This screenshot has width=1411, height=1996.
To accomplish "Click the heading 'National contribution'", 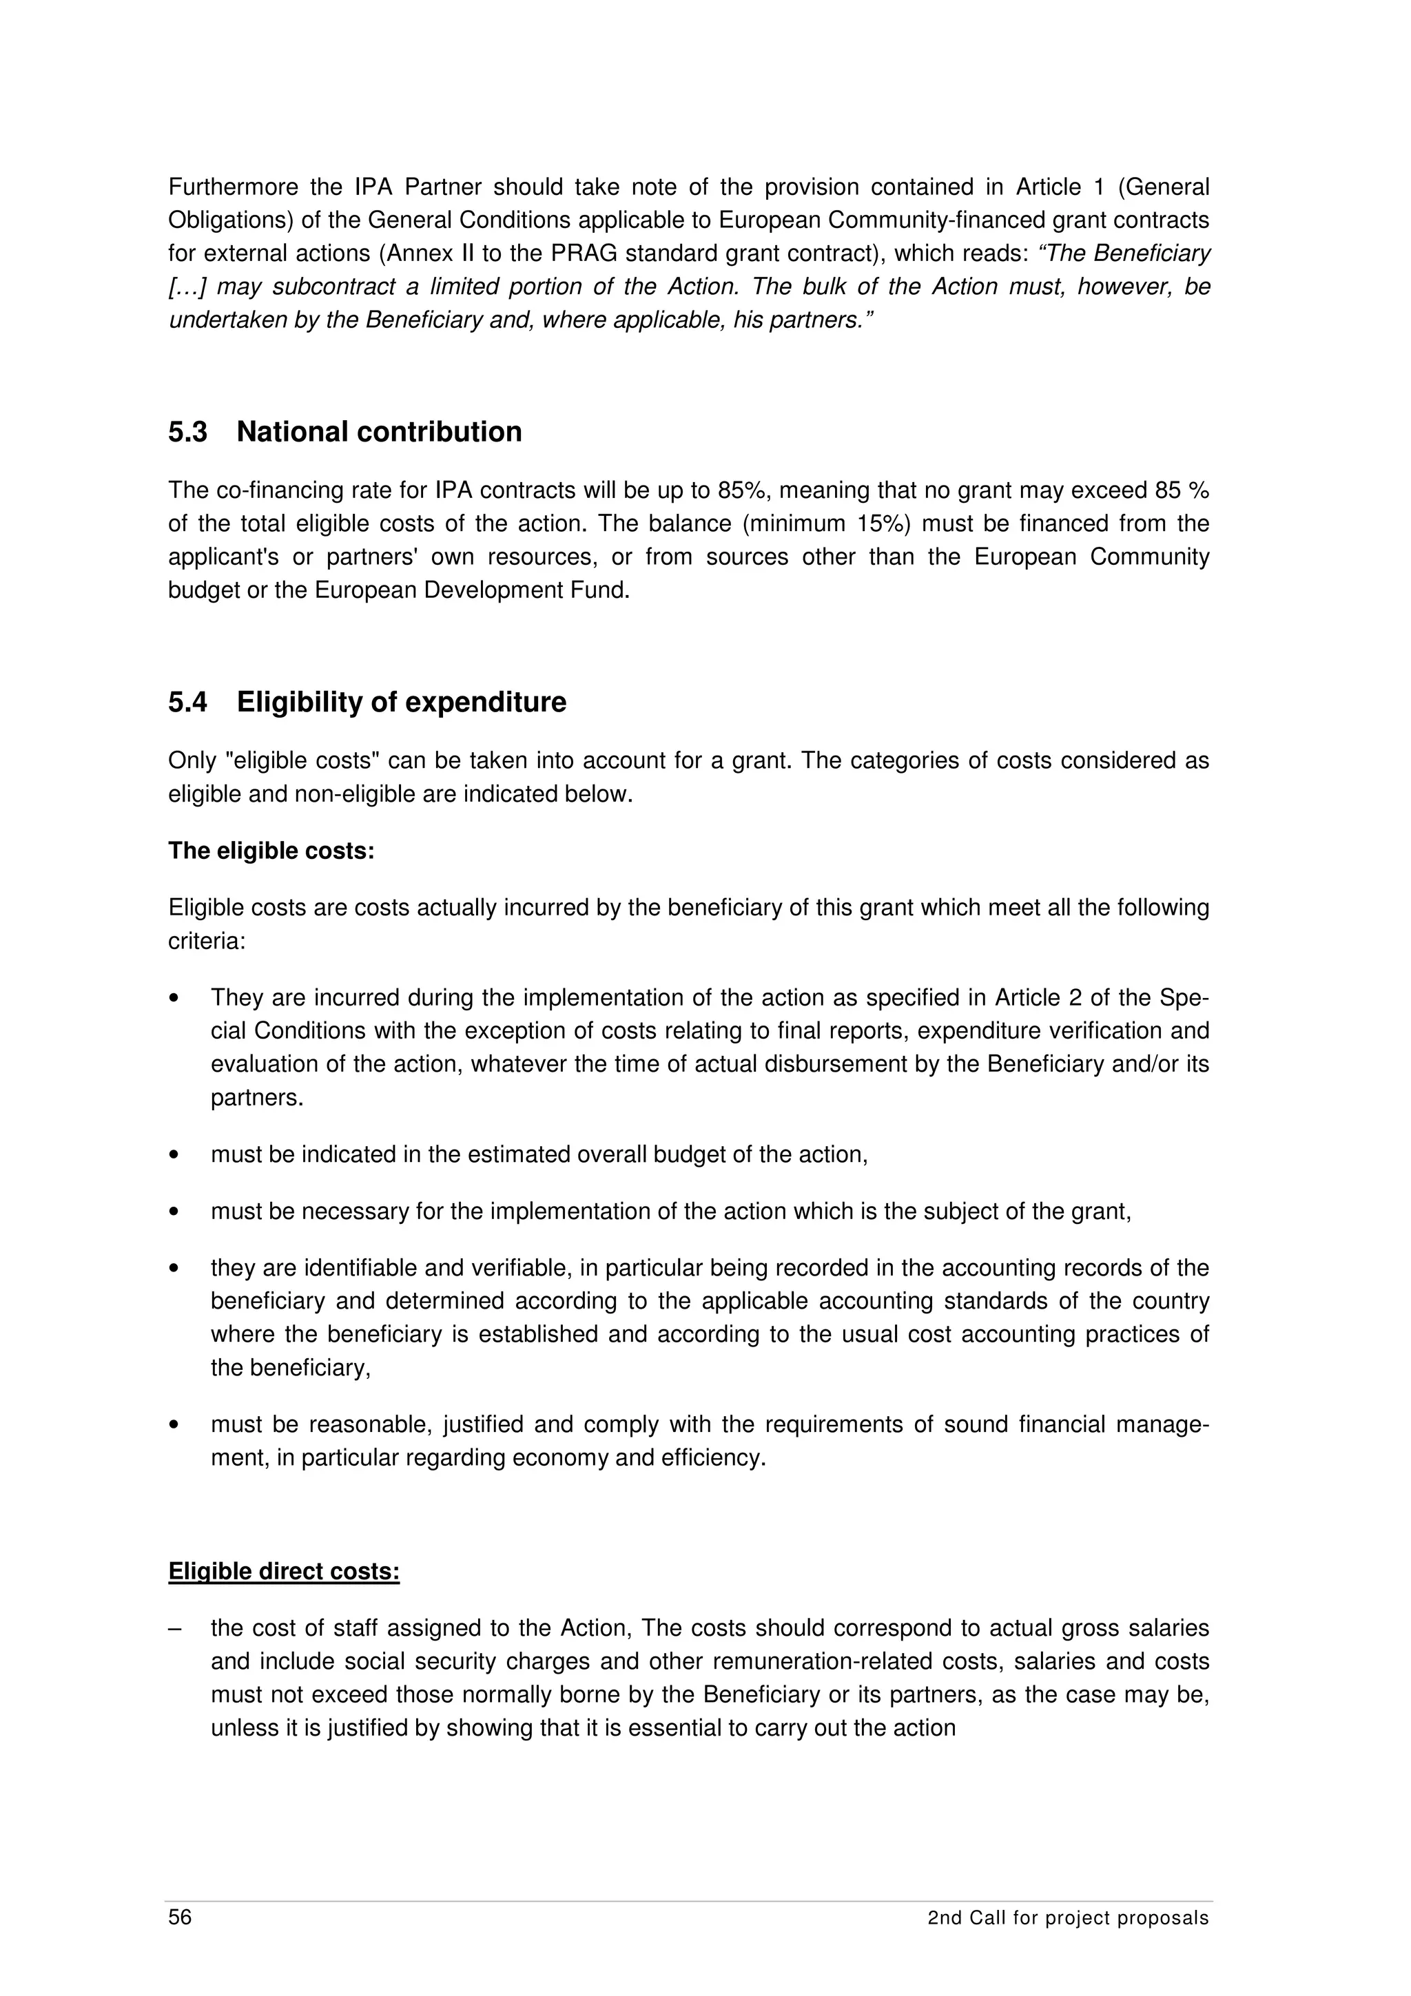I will coord(379,432).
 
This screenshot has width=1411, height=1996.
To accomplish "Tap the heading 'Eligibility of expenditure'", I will coord(401,702).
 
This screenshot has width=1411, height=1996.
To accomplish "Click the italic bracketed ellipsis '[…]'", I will coord(186,287).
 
